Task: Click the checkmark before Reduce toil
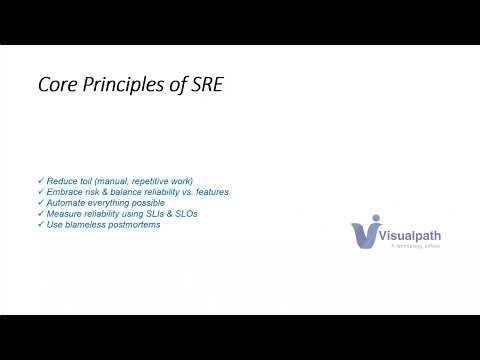[39, 179]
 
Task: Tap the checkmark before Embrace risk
[39, 190]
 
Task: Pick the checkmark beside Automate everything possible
[39, 201]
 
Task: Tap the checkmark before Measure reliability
[39, 212]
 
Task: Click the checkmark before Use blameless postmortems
[39, 223]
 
